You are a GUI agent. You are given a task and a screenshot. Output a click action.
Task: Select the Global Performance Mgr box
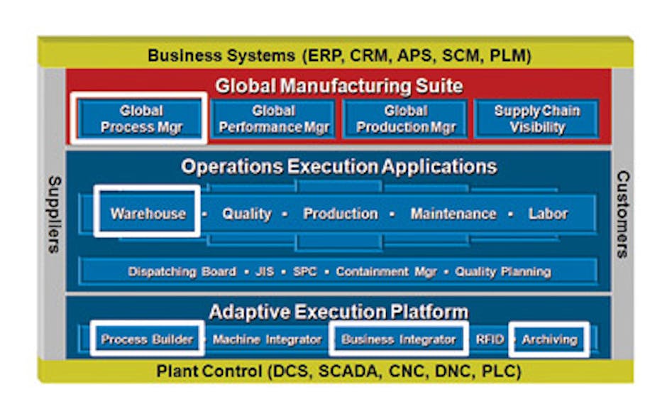(273, 119)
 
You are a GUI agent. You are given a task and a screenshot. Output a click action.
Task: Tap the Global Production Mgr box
(405, 119)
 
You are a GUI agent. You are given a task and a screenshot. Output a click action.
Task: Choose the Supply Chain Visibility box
(536, 119)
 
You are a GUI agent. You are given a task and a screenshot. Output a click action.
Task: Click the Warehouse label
(148, 213)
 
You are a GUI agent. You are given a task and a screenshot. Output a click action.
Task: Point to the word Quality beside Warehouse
(246, 213)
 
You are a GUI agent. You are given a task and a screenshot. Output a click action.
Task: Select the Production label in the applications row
(341, 213)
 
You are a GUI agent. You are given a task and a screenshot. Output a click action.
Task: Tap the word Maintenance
(453, 213)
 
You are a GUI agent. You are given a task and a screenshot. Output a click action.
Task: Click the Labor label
(548, 213)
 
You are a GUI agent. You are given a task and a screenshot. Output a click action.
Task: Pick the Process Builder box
(147, 339)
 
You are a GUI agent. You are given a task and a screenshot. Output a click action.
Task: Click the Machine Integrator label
(267, 339)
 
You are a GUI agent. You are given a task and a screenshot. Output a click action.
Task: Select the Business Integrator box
(399, 339)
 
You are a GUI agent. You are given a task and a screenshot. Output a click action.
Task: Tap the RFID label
(490, 339)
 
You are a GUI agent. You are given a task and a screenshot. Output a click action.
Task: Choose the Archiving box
(549, 339)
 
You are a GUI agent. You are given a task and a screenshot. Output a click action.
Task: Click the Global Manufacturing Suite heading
(339, 86)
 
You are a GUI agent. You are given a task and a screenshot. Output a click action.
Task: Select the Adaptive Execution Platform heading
(338, 311)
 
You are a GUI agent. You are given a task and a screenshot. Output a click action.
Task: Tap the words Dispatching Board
(182, 271)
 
